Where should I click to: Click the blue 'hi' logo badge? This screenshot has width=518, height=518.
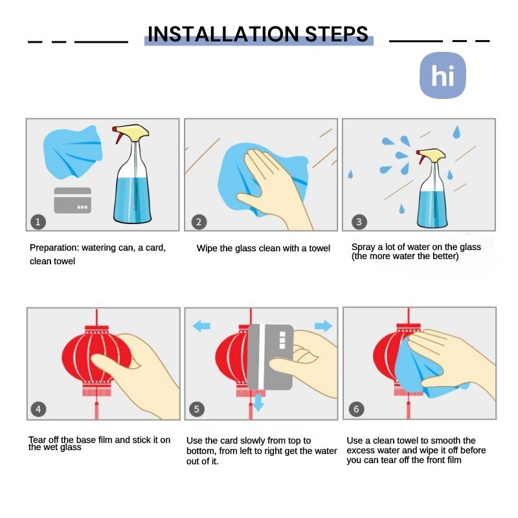(x=443, y=75)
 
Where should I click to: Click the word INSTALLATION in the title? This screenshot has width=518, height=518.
(x=223, y=34)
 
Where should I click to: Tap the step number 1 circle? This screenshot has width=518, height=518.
(x=38, y=221)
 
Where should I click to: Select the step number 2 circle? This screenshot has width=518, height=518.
(x=199, y=221)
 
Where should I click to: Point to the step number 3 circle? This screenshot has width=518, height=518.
(x=359, y=221)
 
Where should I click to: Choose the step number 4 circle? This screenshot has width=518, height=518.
(x=38, y=409)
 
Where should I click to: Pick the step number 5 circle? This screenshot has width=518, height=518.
(x=197, y=409)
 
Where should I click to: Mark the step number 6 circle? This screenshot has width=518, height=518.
(x=357, y=409)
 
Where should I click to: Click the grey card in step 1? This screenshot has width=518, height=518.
(x=73, y=200)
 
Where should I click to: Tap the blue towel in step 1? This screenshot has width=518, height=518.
(x=73, y=152)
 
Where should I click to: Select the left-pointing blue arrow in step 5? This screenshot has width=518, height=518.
(x=201, y=326)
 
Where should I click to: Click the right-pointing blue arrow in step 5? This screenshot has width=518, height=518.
(x=323, y=326)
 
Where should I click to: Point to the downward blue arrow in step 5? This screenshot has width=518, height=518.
(x=258, y=402)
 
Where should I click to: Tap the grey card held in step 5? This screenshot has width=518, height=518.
(x=270, y=357)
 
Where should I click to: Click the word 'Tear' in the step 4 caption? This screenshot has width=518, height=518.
(x=38, y=440)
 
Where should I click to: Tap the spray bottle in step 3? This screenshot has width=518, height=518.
(x=432, y=188)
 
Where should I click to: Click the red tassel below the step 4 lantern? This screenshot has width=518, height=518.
(x=96, y=411)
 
